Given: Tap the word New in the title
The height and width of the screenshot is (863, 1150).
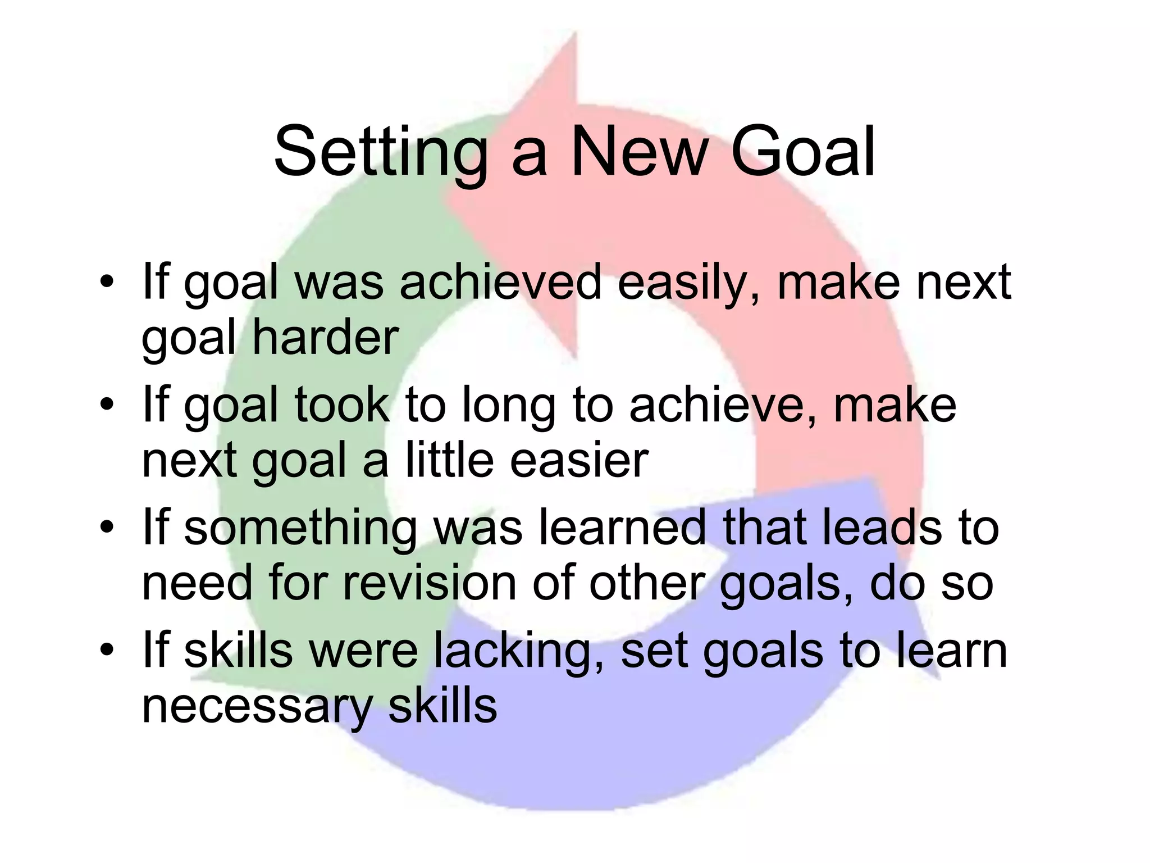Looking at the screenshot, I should [x=637, y=153].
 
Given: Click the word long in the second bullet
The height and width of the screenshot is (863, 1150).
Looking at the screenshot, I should [x=508, y=406].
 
